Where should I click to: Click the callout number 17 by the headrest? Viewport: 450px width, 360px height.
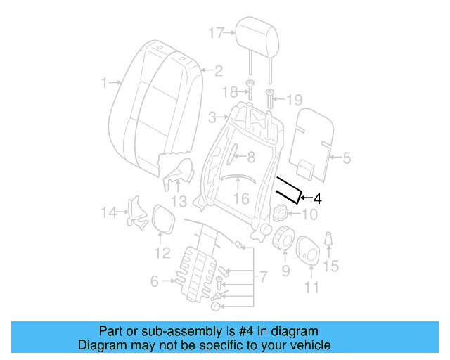point(215,32)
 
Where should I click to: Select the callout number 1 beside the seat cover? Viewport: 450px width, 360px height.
point(104,82)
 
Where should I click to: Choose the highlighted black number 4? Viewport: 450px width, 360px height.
point(317,199)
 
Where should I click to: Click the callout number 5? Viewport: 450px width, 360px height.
point(345,159)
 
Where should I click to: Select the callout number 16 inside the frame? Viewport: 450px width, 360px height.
point(241,199)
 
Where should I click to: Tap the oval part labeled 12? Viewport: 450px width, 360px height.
point(163,218)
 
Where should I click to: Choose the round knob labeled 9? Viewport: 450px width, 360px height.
point(284,238)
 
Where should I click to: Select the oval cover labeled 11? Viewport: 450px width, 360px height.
point(309,251)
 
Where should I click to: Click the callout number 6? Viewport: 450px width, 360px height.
point(154,282)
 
